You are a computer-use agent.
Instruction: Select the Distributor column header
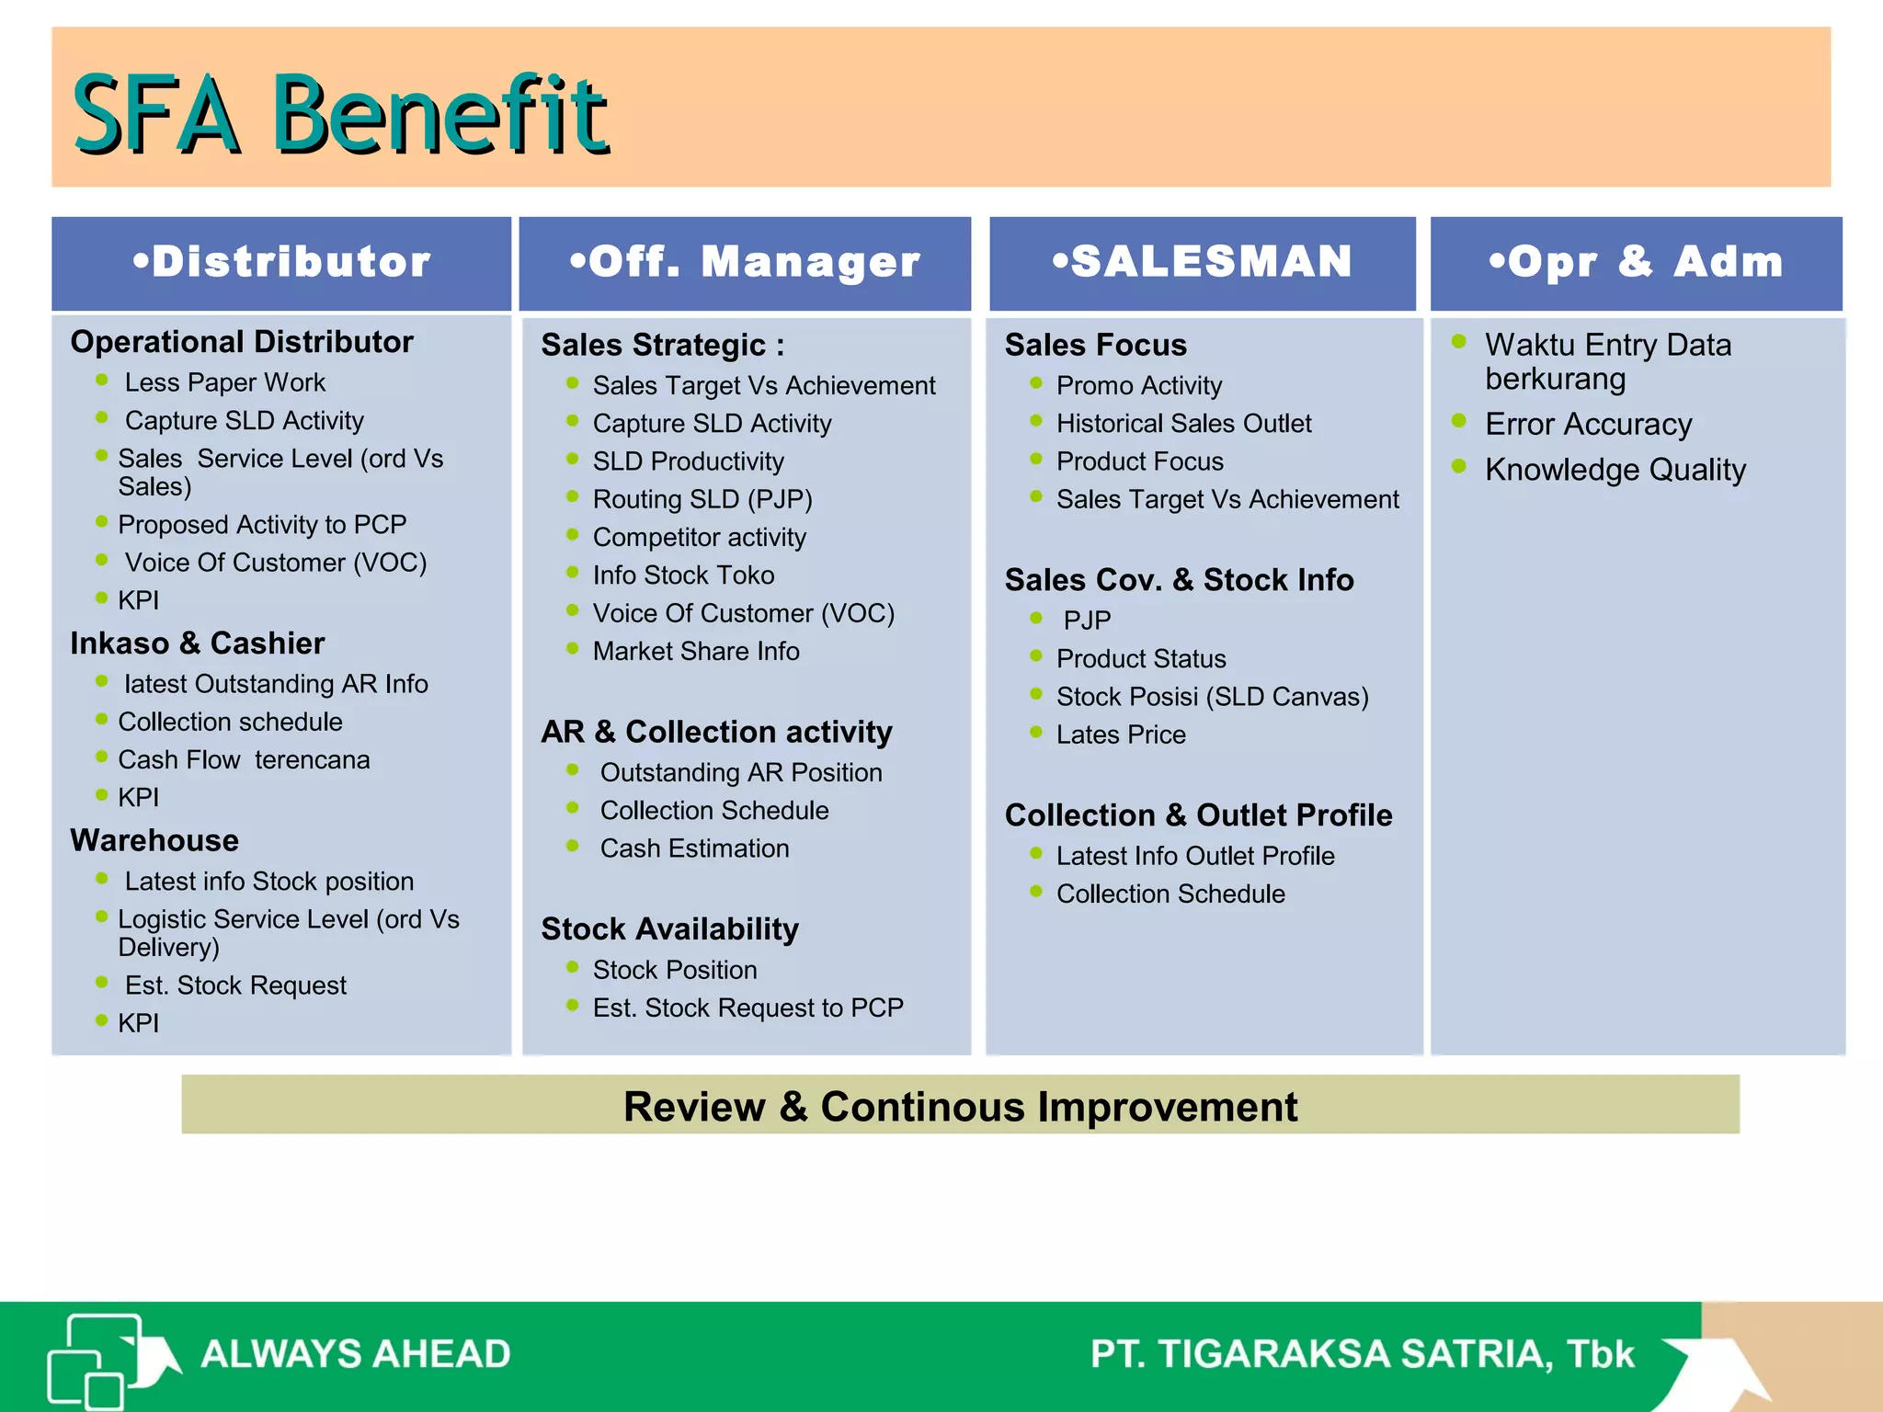281,262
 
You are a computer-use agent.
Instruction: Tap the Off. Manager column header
745,262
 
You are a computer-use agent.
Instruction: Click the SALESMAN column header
1203,262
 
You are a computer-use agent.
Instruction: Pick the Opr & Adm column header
1636,262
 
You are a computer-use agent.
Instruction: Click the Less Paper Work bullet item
224,382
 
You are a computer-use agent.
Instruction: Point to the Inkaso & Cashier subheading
198,643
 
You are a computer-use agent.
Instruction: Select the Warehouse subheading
154,840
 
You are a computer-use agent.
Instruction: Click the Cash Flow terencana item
244,760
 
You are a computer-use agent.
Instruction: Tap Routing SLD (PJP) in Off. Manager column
702,499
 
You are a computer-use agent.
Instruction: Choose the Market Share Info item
696,652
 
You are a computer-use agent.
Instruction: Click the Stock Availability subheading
669,929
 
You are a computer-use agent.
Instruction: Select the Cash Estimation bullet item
694,848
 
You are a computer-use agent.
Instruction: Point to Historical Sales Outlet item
1183,424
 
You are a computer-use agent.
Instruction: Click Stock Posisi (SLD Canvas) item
1212,697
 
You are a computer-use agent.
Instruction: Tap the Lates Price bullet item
1121,735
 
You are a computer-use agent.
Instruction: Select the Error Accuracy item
1588,425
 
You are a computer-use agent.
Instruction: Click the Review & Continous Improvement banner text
960,1106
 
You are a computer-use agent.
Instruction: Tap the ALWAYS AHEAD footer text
356,1354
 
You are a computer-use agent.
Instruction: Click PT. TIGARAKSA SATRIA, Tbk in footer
1362,1354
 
